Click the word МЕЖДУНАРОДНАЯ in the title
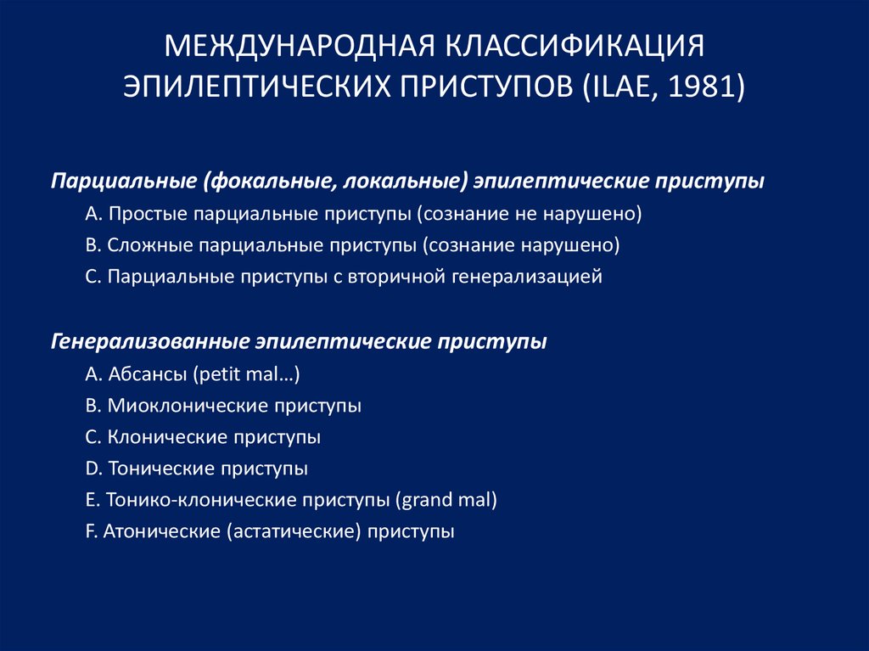tap(300, 46)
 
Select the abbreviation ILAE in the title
tap(620, 87)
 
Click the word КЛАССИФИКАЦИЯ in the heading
tap(575, 46)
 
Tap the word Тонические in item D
tap(162, 469)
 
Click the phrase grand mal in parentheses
tap(446, 500)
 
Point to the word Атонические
tap(160, 532)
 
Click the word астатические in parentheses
tap(293, 532)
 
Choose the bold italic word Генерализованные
tap(149, 341)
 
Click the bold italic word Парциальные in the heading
tap(124, 182)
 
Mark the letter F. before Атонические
tap(92, 532)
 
